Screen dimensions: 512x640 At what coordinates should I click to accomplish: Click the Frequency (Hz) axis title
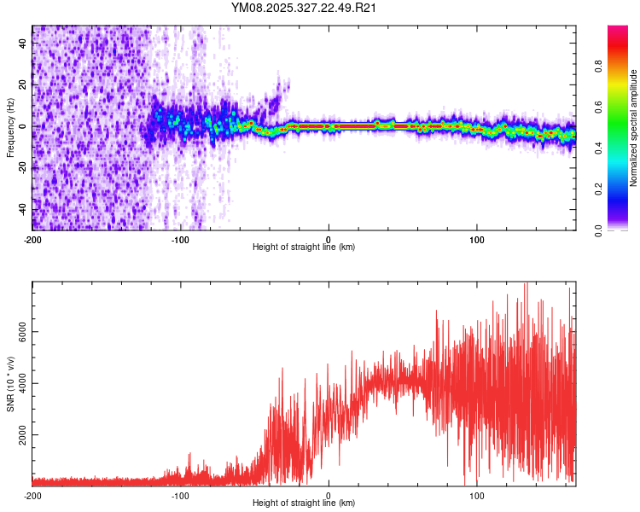coord(10,128)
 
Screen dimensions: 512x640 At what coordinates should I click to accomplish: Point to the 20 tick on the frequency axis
coord(23,85)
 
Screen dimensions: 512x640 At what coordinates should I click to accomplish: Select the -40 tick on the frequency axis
coord(23,209)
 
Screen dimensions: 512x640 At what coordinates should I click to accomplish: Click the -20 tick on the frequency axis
coord(23,167)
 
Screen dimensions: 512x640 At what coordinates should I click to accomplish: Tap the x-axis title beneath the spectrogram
coord(304,247)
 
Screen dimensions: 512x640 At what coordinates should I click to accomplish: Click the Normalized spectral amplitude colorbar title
coord(634,128)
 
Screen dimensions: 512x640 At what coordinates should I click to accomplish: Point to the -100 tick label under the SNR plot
coord(180,495)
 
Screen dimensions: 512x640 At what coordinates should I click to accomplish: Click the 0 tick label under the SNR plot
coord(329,495)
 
